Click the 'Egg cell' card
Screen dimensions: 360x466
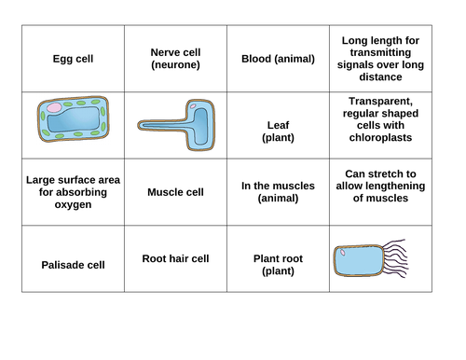point(72,59)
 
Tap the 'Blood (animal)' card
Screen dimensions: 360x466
point(278,59)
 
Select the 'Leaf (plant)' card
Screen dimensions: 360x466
point(278,132)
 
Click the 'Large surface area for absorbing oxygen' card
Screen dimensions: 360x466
point(72,192)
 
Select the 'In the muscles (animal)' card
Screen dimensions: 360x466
point(278,192)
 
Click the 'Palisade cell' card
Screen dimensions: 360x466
point(72,265)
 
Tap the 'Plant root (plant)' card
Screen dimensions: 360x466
point(278,265)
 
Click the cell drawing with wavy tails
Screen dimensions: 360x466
point(368,263)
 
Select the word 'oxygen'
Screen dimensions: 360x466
point(72,205)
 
